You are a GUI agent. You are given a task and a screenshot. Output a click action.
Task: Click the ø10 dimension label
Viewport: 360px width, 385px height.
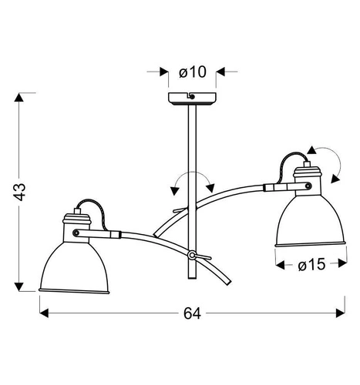tap(193, 72)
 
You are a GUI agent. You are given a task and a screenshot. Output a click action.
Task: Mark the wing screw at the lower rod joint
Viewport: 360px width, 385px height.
tap(193, 255)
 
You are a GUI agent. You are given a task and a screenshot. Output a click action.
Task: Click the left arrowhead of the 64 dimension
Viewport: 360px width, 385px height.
tap(45, 314)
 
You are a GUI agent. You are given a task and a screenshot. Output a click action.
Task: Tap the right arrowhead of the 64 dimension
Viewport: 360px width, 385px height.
tap(338, 314)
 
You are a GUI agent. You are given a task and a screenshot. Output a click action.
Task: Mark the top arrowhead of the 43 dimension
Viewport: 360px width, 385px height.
tap(22, 97)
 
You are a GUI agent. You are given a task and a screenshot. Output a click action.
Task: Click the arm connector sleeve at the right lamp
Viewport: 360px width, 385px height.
tap(277, 186)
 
